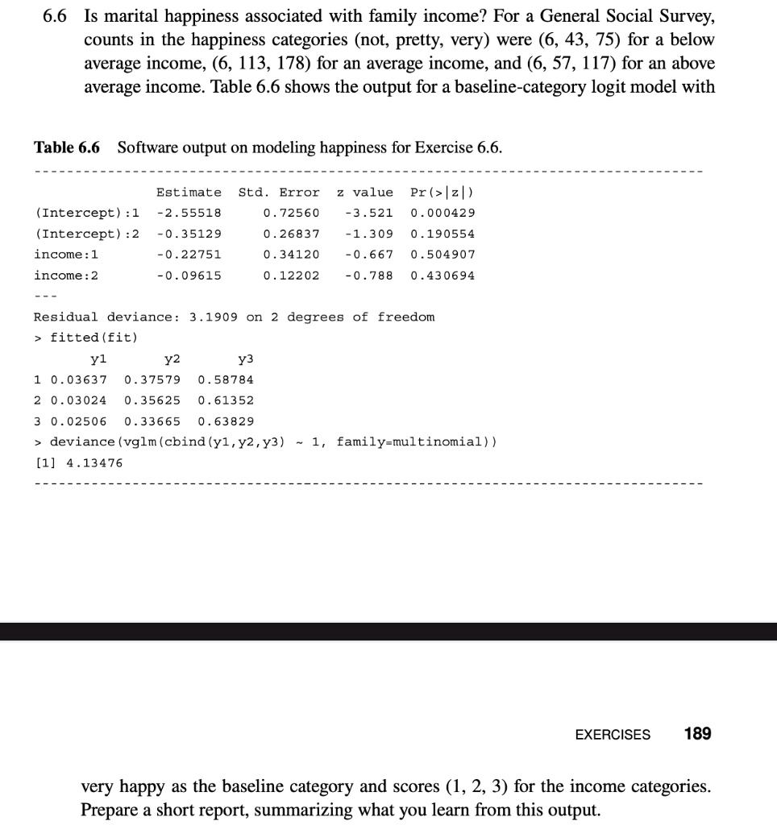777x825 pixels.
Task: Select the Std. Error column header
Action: [279, 192]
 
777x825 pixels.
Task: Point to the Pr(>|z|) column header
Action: [443, 192]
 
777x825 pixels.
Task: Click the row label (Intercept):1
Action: [86, 213]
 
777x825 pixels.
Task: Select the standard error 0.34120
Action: [291, 255]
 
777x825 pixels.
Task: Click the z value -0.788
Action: [368, 276]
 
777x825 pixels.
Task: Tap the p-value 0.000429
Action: [443, 213]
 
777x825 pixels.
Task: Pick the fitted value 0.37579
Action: [152, 379]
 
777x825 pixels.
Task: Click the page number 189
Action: [697, 734]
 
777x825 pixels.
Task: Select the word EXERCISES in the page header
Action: [613, 735]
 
